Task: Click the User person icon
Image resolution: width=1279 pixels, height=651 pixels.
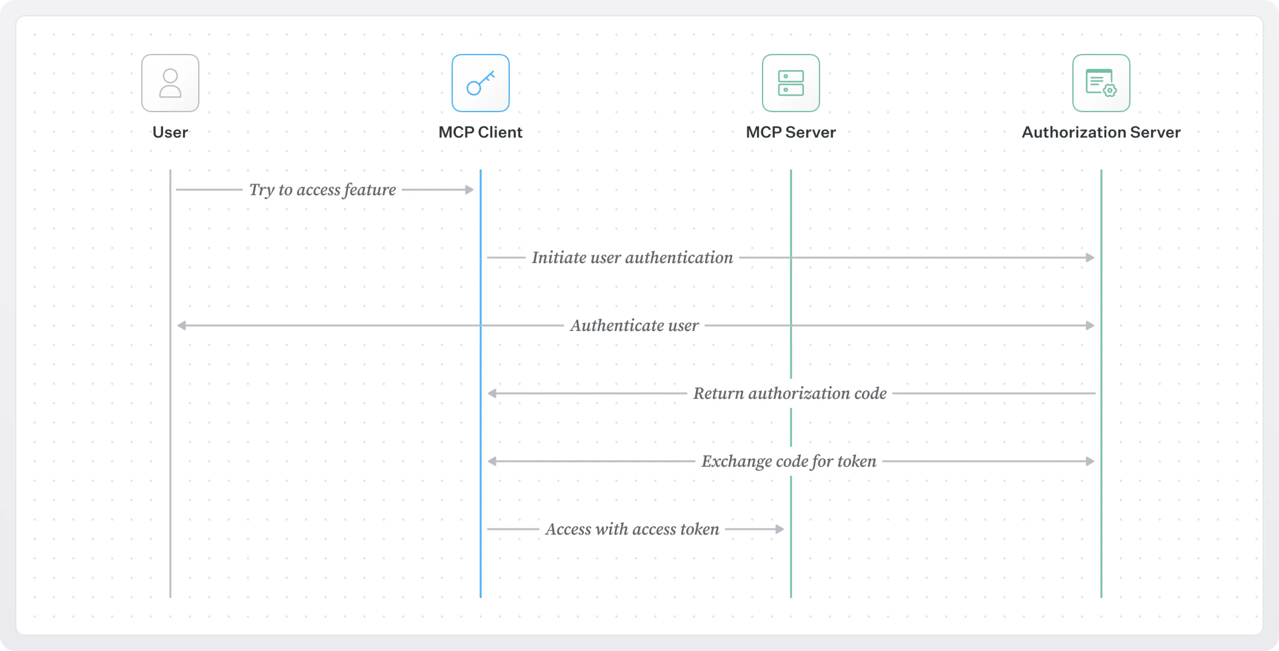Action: (x=170, y=83)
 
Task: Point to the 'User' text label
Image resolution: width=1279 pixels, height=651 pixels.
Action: (x=170, y=132)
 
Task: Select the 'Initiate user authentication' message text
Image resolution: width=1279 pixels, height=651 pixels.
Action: (x=632, y=258)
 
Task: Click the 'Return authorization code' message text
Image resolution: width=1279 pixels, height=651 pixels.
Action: (x=790, y=393)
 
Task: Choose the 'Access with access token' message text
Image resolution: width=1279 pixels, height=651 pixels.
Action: (x=632, y=529)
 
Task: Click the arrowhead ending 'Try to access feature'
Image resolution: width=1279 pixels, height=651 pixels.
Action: (x=469, y=190)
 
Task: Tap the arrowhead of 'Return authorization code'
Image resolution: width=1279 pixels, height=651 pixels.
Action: (x=492, y=393)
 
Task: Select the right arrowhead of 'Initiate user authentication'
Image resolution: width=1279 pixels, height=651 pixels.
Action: (x=1090, y=258)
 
